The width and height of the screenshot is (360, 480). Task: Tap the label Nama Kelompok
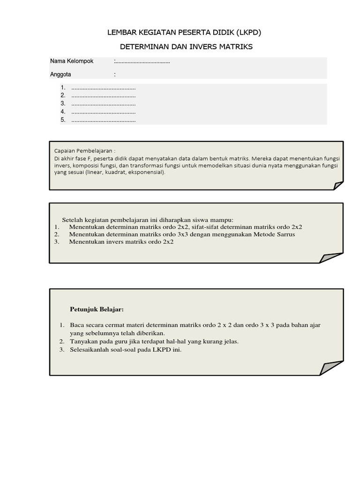pos(72,61)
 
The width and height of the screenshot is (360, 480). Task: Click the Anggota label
pos(60,74)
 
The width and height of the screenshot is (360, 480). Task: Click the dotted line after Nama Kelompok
pos(142,62)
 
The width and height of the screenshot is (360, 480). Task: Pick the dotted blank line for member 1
pos(103,88)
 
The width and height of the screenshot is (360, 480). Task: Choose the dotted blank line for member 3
pos(103,104)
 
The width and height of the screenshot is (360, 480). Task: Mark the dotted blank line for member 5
pos(103,120)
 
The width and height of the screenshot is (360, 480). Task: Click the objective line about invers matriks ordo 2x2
pos(121,242)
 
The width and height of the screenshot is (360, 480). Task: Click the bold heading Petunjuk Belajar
pos(97,309)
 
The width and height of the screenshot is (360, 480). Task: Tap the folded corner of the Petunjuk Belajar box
pos(332,369)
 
